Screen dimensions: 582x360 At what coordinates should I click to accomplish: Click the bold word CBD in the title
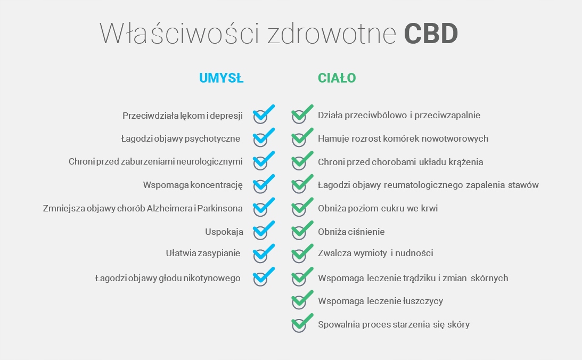431,34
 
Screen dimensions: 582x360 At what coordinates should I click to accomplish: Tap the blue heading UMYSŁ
221,78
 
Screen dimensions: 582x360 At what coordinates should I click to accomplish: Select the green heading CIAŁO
337,78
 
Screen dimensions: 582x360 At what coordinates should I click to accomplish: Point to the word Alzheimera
169,208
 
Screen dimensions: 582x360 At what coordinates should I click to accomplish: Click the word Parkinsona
220,208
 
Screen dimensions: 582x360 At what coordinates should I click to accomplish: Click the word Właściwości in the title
179,34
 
